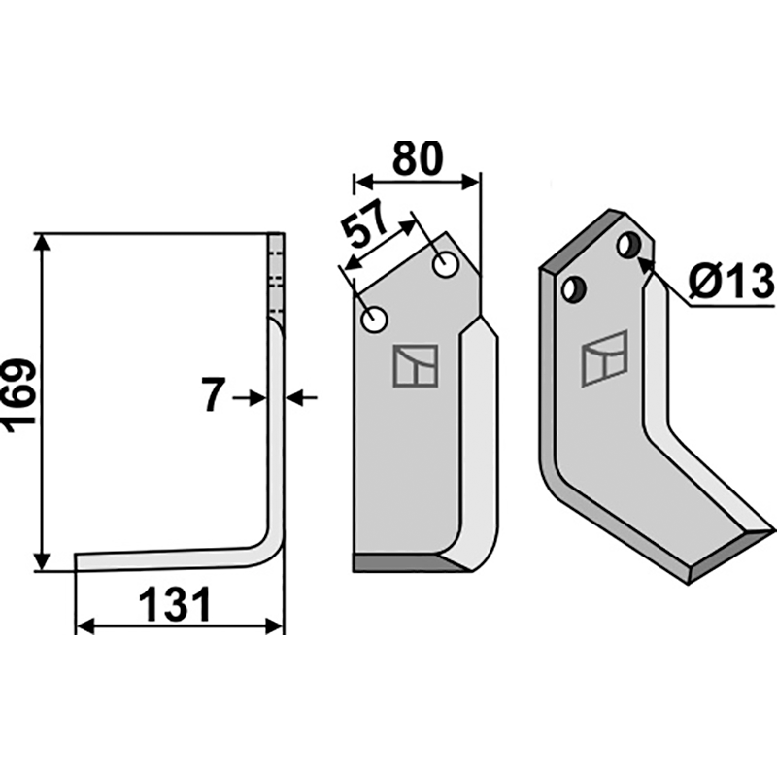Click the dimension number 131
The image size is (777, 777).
coord(176,604)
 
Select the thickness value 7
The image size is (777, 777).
coord(214,395)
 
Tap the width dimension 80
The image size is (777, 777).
coord(417,158)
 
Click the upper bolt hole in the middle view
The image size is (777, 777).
coord(445,265)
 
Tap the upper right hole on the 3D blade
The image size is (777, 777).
coord(629,245)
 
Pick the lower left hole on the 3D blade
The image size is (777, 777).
coord(574,289)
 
